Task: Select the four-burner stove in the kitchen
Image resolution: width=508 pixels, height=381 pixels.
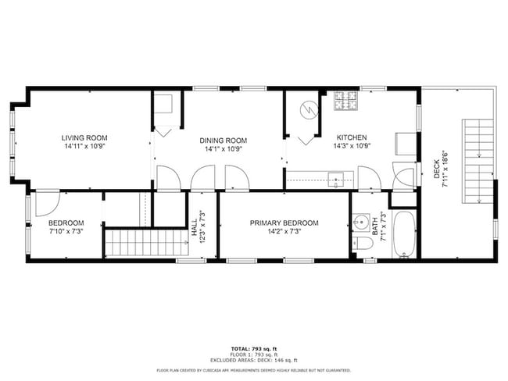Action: coord(345,100)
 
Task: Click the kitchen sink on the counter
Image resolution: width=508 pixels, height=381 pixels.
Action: coord(337,178)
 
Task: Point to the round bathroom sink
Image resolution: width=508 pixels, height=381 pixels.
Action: coord(360,223)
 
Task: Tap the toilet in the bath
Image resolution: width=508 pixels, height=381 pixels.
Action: coord(360,244)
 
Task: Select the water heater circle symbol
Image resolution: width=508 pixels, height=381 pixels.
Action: coord(310,110)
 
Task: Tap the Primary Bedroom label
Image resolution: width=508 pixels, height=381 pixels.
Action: coord(284,223)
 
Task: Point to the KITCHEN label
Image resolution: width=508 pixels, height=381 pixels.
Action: coord(352,137)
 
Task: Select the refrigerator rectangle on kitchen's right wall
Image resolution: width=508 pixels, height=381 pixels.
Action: coord(405,143)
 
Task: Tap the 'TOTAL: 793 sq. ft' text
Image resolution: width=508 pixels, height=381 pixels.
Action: coord(253,347)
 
